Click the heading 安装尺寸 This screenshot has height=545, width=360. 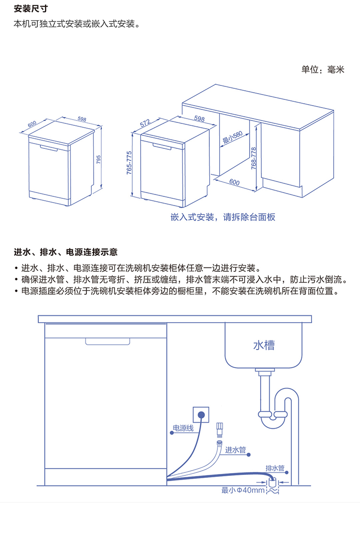[x=31, y=9]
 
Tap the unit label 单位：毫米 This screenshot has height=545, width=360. [x=323, y=70]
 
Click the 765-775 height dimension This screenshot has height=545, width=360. [x=129, y=163]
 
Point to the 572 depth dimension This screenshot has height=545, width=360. [x=145, y=123]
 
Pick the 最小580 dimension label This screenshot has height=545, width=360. [x=231, y=139]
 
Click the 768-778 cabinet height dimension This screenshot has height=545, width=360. [x=254, y=157]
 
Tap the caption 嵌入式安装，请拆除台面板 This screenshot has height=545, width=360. [x=223, y=217]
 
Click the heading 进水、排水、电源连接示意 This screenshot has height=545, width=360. [x=66, y=252]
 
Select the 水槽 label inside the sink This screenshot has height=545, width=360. [x=264, y=345]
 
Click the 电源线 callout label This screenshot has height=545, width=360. [x=183, y=428]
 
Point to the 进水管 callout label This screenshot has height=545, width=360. [x=235, y=450]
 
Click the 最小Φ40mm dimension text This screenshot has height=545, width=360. [x=243, y=490]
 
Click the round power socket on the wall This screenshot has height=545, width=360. [x=201, y=414]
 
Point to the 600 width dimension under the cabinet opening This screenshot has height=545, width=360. [x=234, y=182]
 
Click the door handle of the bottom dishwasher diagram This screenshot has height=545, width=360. [x=108, y=341]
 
